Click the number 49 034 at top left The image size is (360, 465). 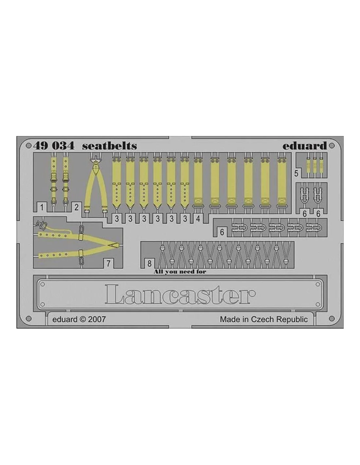point(54,146)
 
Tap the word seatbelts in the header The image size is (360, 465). point(109,146)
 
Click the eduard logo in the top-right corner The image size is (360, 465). point(305,146)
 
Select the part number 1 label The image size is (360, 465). point(42,207)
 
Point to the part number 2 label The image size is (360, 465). point(77,207)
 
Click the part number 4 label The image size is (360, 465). point(198,219)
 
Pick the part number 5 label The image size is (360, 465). point(296,173)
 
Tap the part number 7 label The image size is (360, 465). point(108,264)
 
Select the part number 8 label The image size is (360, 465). point(150,264)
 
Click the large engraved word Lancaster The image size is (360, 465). point(180,294)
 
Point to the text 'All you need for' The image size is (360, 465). point(180,272)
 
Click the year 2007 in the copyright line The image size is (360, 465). point(97,319)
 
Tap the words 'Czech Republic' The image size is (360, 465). point(279,319)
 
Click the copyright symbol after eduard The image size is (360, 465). point(82,319)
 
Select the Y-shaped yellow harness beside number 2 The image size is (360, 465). point(96,184)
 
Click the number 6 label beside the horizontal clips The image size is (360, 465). point(222,232)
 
